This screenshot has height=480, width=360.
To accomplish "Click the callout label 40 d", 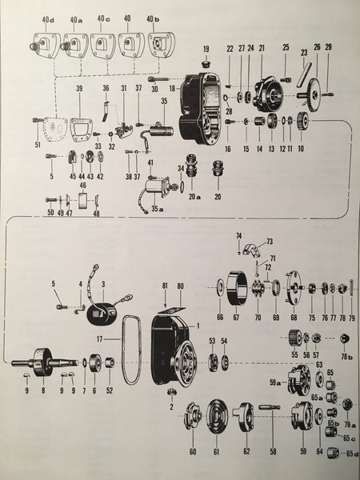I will (50, 18).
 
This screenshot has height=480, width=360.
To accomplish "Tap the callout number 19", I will (206, 49).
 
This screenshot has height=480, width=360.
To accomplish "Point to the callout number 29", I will (328, 48).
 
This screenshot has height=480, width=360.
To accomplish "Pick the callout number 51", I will (34, 144).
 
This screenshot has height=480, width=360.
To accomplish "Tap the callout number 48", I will (96, 214).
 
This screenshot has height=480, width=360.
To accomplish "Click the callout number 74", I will (238, 234).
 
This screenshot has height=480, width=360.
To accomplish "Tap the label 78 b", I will (347, 354).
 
